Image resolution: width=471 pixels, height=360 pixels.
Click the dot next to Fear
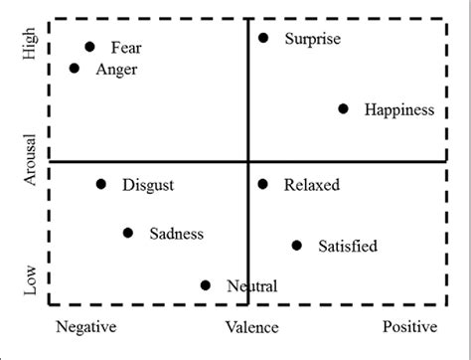pos(89,47)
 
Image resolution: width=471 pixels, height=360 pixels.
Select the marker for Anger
pos(75,69)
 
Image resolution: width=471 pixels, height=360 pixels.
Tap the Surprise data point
pos(263,38)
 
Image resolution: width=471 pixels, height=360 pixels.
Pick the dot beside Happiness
pos(344,109)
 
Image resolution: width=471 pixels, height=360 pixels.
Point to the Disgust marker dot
pos(101,184)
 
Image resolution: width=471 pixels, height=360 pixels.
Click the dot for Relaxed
pos(263,184)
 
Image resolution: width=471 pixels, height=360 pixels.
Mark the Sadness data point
pos(128,233)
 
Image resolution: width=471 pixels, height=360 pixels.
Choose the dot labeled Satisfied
pos(297,245)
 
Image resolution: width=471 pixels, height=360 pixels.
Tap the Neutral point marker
pos(206,285)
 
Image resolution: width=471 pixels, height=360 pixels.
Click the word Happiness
pos(398,110)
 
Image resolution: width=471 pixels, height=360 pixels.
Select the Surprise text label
pos(312,39)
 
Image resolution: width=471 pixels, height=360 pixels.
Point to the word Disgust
pos(148,185)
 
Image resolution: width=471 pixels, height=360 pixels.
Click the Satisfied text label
pos(347,246)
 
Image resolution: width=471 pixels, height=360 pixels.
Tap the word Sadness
pos(176,234)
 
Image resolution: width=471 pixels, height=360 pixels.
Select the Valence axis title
pos(251,326)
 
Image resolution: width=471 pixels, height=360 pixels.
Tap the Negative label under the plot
pos(85,326)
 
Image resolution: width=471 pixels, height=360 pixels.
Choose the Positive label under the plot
pos(409,326)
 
